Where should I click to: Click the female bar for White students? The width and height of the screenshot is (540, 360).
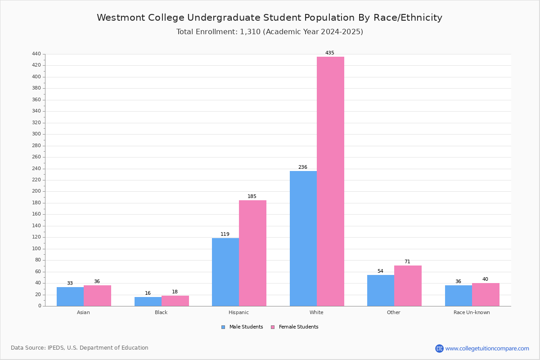coord(330,181)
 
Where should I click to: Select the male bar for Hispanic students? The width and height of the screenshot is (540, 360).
coord(225,272)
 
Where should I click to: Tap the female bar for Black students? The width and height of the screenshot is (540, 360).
coord(175,301)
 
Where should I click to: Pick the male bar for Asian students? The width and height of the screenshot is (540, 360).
coord(70,297)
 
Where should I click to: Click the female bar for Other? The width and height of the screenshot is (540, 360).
coord(408,286)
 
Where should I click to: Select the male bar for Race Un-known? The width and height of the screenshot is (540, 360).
coord(459,296)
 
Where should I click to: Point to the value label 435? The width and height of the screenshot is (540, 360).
coord(329,53)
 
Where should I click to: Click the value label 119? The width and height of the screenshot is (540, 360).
coord(225,234)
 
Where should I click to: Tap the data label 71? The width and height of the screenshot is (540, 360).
coord(407,261)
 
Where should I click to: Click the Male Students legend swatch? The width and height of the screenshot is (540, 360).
coord(223,327)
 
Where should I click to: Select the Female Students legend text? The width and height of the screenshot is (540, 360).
coord(298,327)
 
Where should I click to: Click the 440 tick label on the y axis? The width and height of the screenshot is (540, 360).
coord(36,54)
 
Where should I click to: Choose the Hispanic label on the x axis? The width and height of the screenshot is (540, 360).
coord(238,312)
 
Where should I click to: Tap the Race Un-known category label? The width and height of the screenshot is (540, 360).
coord(472,312)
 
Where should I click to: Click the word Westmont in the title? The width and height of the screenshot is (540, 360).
coord(121,18)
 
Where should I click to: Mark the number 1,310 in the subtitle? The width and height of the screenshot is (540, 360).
coord(250,32)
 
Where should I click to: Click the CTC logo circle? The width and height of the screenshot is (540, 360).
coord(439,348)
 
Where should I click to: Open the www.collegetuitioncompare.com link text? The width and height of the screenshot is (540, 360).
coord(487,348)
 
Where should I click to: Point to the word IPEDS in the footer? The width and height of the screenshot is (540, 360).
coord(56,348)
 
